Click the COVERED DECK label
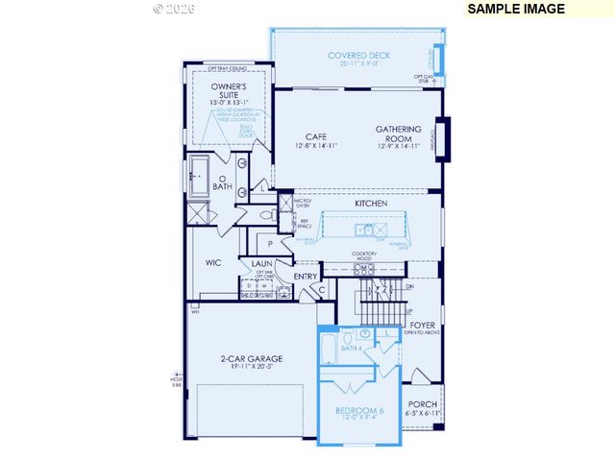pos(358,56)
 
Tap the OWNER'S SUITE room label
pos(230,91)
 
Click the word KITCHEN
pos(370,204)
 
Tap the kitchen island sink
pos(365,230)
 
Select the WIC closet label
pos(213,261)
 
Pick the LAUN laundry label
pos(261,263)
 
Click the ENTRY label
pos(306,277)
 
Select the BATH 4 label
pos(351,348)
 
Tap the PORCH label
pos(423,404)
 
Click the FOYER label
pos(423,326)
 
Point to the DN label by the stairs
pos(410,286)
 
